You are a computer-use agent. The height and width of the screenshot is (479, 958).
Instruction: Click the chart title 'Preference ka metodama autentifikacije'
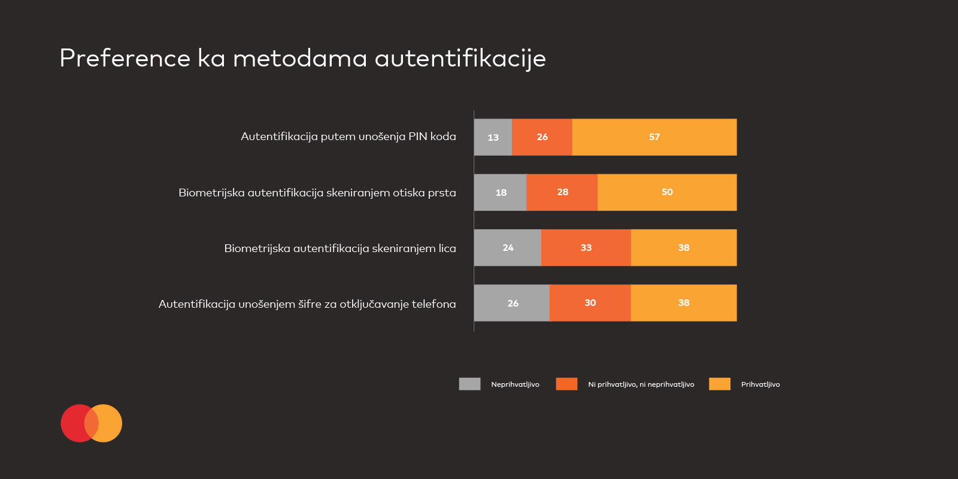(x=302, y=59)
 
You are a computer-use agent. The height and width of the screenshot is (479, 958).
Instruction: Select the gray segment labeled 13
(x=493, y=137)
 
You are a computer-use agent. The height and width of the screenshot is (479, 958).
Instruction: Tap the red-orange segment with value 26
(x=542, y=137)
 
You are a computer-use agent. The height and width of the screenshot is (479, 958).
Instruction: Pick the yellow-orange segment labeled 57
(x=654, y=137)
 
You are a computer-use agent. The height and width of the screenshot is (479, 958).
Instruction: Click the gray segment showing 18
(x=501, y=192)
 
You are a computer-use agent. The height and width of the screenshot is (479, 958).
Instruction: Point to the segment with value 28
(x=562, y=192)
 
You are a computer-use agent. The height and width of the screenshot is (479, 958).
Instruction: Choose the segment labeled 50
(x=667, y=192)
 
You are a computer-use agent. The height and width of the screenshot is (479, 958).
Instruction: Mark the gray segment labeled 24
(x=508, y=247)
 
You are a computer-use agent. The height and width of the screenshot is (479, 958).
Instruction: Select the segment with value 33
(x=586, y=247)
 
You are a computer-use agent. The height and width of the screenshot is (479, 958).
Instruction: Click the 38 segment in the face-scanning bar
(x=683, y=247)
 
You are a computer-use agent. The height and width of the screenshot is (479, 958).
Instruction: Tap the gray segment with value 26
(x=512, y=303)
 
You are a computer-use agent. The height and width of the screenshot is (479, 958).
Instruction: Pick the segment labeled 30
(x=590, y=303)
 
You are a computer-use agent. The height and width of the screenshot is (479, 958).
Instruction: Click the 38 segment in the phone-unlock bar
(x=683, y=303)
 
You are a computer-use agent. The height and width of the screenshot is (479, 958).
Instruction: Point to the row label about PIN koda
(x=348, y=137)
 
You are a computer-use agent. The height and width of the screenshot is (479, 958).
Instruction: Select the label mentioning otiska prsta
(x=317, y=193)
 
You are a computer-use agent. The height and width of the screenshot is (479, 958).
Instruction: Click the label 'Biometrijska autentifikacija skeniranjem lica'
(x=339, y=248)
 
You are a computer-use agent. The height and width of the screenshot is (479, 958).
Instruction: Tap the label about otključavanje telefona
(x=307, y=304)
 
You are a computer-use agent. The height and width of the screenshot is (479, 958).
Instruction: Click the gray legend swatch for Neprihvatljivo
(x=469, y=384)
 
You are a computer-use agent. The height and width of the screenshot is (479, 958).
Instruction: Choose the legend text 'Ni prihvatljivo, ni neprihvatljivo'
(x=641, y=384)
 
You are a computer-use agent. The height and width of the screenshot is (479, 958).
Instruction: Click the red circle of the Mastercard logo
(x=74, y=423)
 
